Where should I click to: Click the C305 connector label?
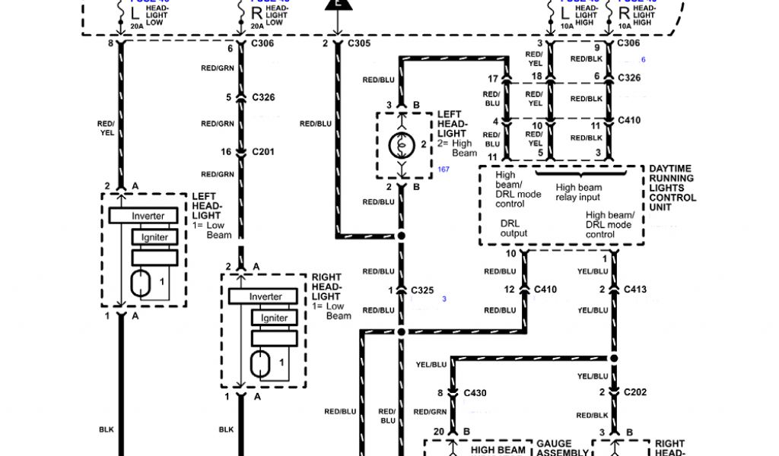(x=359, y=43)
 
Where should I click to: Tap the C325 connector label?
(x=422, y=290)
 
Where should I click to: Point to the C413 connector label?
(x=635, y=290)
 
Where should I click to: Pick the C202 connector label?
(x=635, y=393)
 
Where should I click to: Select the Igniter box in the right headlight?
(x=274, y=318)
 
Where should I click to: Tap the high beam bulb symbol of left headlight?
(x=402, y=144)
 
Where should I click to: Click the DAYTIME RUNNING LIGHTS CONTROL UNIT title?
(x=672, y=188)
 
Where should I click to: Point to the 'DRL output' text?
(x=514, y=229)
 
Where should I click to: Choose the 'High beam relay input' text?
(x=578, y=192)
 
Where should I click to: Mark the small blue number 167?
(x=444, y=169)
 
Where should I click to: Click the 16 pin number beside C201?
(x=226, y=153)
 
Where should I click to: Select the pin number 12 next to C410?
(x=510, y=290)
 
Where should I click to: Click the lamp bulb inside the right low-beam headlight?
(x=260, y=364)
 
